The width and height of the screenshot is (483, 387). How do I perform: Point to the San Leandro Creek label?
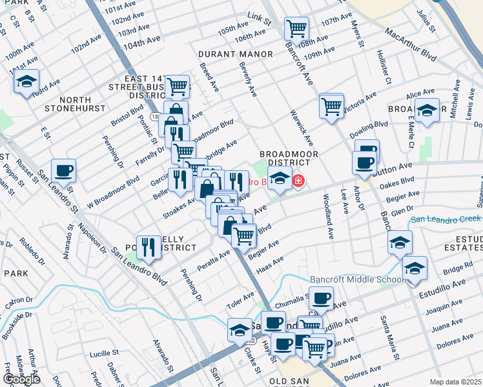(446, 219)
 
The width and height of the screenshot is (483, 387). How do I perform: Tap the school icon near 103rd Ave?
(26, 81)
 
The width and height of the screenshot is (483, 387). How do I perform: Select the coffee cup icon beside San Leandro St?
(64, 171)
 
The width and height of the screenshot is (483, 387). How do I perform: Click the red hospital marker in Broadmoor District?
(298, 181)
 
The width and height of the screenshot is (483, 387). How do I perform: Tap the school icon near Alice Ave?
(427, 110)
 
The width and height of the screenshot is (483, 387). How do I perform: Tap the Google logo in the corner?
(21, 379)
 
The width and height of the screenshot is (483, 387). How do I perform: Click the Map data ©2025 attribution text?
(456, 382)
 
